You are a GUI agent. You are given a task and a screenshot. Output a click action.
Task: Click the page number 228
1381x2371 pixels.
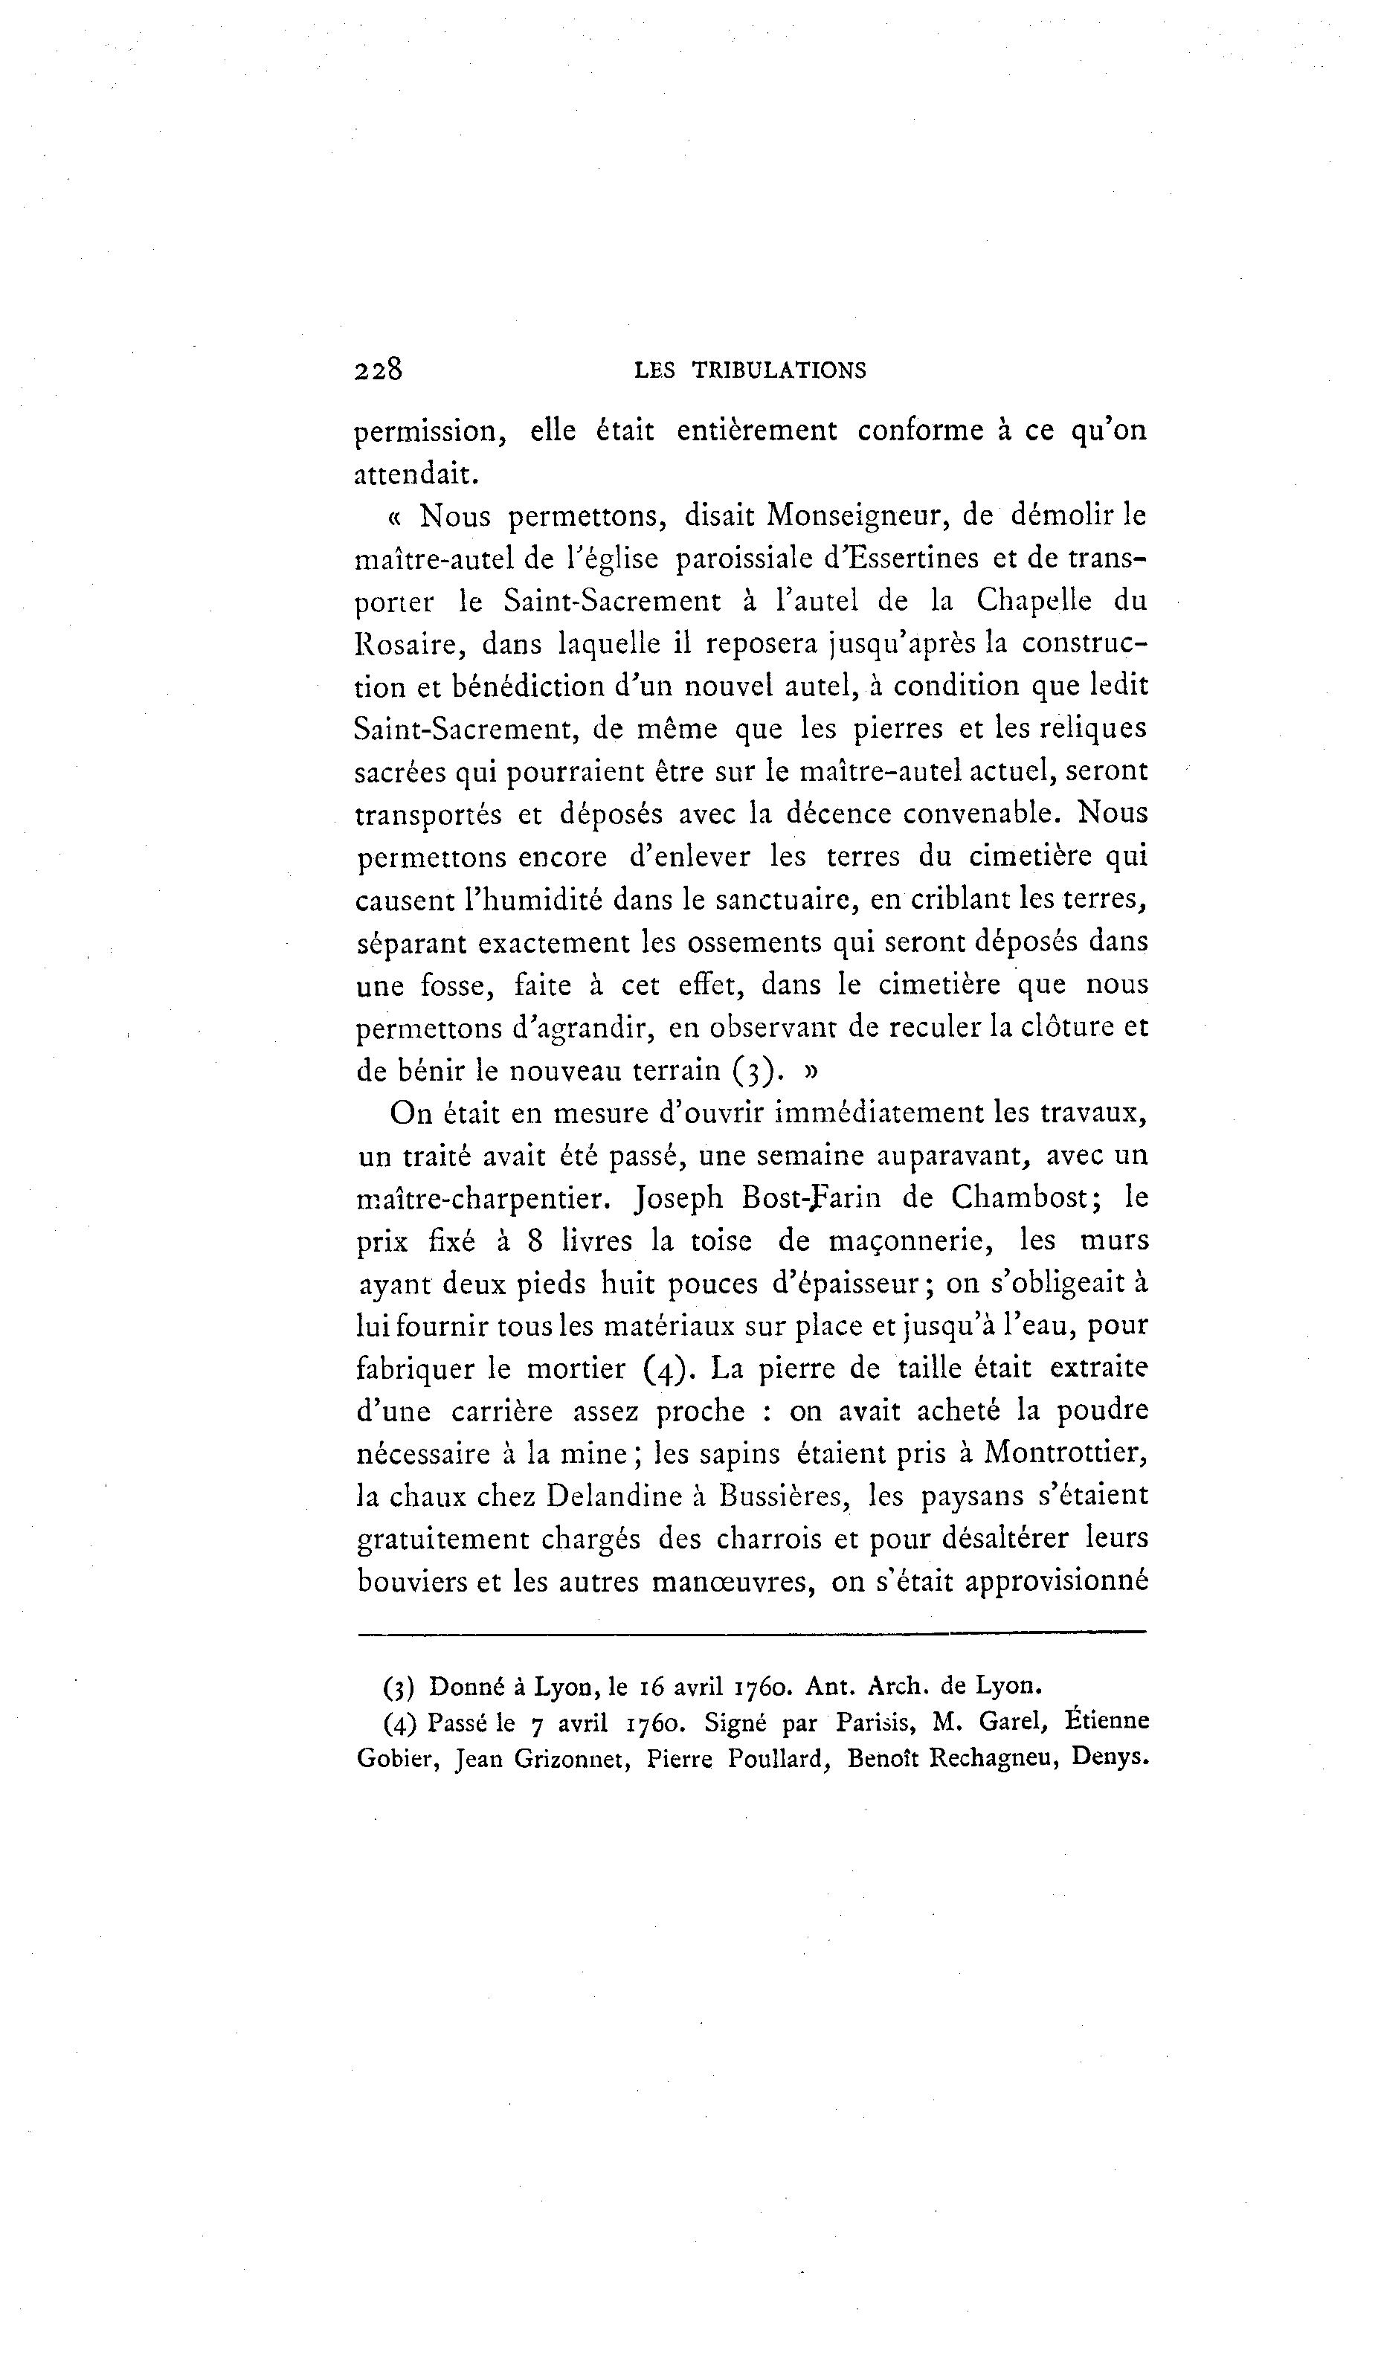point(379,369)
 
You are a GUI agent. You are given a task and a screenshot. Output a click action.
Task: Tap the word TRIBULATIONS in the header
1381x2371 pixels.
point(779,370)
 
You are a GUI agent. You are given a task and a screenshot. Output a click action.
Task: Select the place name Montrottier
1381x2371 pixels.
point(1065,1454)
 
